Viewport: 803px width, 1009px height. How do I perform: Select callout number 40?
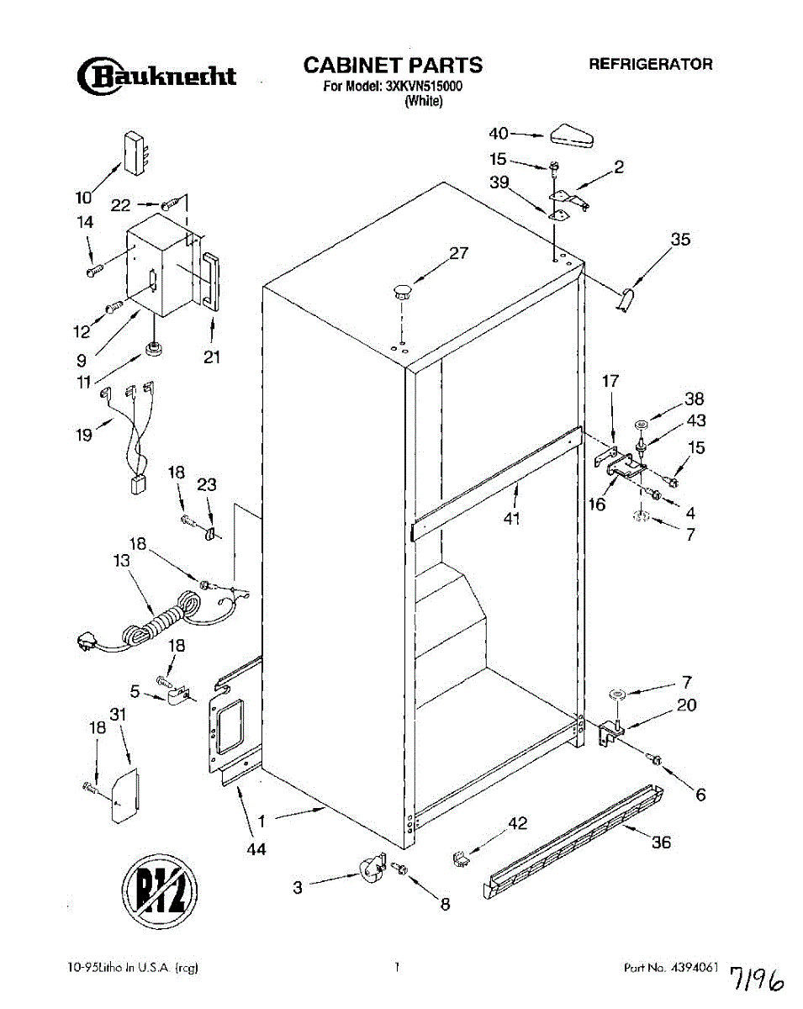499,133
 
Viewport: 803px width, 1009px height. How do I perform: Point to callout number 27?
457,253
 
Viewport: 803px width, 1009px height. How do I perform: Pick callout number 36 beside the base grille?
662,842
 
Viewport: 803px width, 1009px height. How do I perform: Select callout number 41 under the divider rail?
512,518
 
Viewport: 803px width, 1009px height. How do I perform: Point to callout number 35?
680,240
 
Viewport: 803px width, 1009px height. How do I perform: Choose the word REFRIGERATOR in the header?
650,64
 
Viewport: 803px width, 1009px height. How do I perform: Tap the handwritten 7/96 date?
762,975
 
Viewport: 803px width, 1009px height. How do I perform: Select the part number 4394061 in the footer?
694,967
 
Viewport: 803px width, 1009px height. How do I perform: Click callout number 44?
256,849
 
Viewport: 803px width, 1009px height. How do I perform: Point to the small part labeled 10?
135,153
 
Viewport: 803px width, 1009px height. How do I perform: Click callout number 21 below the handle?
212,357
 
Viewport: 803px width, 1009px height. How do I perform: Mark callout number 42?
518,823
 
